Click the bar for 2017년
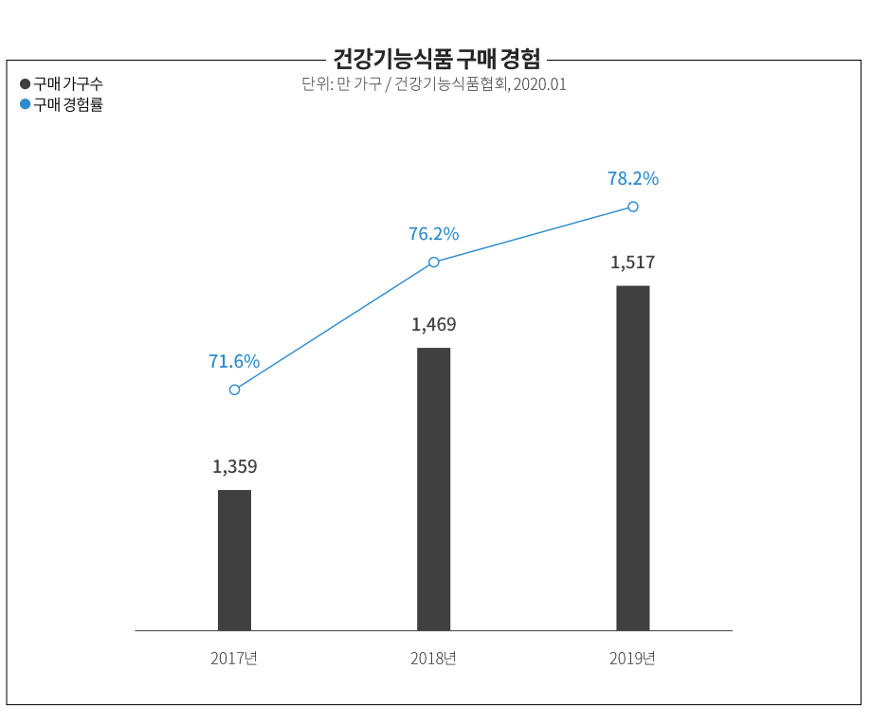pos(234,559)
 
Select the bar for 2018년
pos(433,488)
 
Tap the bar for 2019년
pos(632,457)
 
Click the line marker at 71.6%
pos(234,389)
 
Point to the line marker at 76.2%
pos(433,262)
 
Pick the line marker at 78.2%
pos(632,207)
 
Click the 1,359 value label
pos(234,466)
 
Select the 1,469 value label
pos(433,324)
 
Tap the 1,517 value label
pos(632,262)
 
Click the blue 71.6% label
pos(234,361)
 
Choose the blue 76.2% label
pos(433,233)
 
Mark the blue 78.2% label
pos(632,178)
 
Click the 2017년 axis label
pos(234,658)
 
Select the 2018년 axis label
pos(433,658)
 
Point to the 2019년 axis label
pos(632,658)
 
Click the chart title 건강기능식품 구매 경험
pos(436,59)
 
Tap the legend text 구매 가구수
pos(68,84)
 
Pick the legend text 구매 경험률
pos(68,105)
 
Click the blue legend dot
pos(26,105)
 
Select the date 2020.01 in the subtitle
pos(539,84)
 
